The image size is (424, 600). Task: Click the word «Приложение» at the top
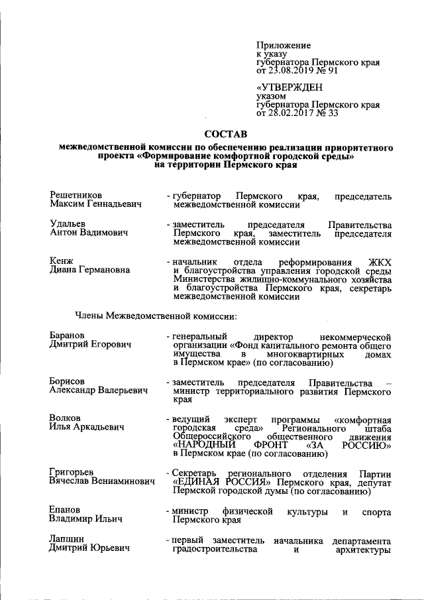point(283,45)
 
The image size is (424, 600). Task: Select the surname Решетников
point(76,196)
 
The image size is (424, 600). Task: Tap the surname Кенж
point(62,261)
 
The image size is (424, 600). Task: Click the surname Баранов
point(69,335)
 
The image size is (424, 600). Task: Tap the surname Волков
point(65,419)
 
